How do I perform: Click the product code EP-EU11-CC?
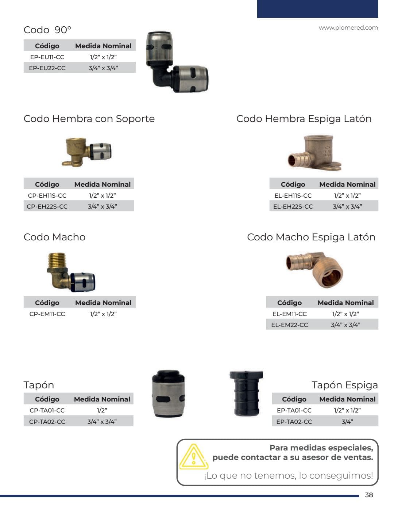click(47, 57)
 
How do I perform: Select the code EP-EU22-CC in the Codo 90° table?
click(47, 68)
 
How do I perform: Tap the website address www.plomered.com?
click(348, 28)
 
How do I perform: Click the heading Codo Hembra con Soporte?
click(89, 119)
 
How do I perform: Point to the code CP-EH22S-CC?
click(47, 206)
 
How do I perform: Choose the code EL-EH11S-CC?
click(293, 195)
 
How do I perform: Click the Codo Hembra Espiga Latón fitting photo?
click(314, 153)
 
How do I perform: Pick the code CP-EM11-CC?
click(47, 314)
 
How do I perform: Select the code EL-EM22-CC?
click(290, 325)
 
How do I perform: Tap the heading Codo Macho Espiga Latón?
click(311, 237)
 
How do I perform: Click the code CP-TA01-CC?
click(47, 410)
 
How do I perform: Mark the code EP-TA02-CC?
click(294, 422)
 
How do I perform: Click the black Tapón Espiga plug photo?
click(247, 393)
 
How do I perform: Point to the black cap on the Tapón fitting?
click(169, 376)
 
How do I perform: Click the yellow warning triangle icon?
click(194, 457)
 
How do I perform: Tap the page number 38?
click(369, 495)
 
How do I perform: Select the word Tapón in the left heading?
click(39, 385)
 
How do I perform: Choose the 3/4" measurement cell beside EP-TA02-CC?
click(347, 422)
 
